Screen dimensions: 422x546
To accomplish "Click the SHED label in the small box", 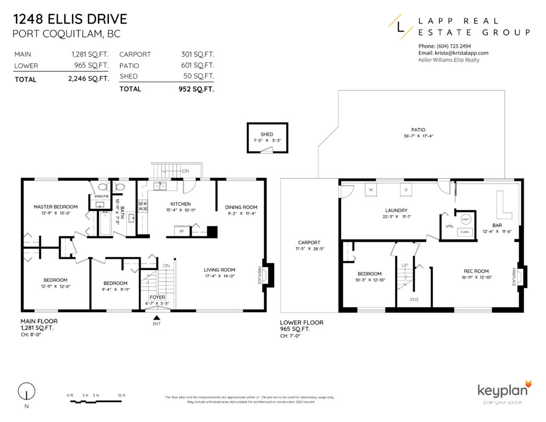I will tap(267, 134).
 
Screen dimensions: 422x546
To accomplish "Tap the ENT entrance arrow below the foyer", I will tap(156, 318).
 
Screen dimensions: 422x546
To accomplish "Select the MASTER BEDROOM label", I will tap(55, 207).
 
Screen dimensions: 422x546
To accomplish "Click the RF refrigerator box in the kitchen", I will tap(182, 231).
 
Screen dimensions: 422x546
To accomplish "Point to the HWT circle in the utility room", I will tap(465, 220).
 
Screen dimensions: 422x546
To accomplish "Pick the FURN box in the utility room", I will tap(465, 232).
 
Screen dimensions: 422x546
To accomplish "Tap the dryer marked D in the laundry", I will tap(406, 189).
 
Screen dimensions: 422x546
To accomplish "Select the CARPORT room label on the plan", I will tap(309, 242).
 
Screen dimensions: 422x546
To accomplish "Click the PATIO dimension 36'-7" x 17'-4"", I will tap(418, 136).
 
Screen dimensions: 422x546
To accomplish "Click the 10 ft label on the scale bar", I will tap(122, 395).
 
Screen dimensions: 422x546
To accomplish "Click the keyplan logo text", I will tap(503, 390).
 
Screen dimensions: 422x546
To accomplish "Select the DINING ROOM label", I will tap(241, 207).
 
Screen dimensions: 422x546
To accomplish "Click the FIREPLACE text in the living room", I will tap(260, 275).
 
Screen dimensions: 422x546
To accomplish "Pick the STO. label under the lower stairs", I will tap(414, 300).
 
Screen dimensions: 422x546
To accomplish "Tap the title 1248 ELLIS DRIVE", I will tap(70, 20).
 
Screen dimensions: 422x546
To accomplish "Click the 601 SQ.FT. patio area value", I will tap(197, 66).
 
